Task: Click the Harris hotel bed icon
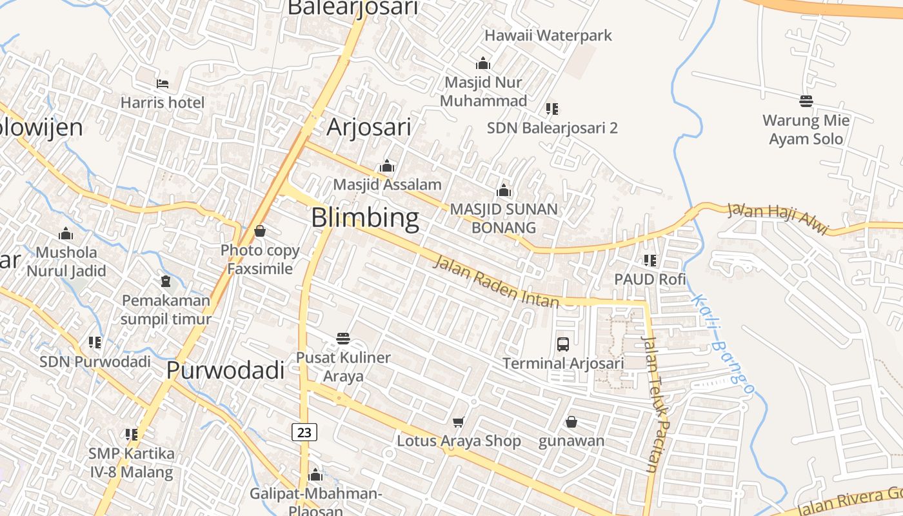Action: (x=163, y=84)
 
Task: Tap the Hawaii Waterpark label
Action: (x=548, y=35)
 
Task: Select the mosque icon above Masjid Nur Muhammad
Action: (x=483, y=64)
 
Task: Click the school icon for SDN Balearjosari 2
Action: (x=551, y=108)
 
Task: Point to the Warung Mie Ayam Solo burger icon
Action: (x=806, y=101)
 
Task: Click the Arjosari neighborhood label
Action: (x=369, y=127)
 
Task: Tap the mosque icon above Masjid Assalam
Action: (x=387, y=166)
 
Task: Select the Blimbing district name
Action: (x=365, y=218)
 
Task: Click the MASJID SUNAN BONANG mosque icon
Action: (x=504, y=191)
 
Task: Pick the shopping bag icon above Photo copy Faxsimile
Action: (x=260, y=231)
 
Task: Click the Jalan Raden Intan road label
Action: (x=496, y=281)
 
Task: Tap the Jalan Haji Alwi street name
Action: (x=778, y=219)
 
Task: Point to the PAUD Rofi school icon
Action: (x=650, y=261)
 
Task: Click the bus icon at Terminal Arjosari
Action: (x=563, y=344)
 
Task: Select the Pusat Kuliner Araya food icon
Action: (x=343, y=339)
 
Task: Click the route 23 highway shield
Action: (x=304, y=432)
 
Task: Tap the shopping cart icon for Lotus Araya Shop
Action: (x=459, y=422)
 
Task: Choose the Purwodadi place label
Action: (x=225, y=370)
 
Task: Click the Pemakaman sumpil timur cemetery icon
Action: (x=166, y=282)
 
